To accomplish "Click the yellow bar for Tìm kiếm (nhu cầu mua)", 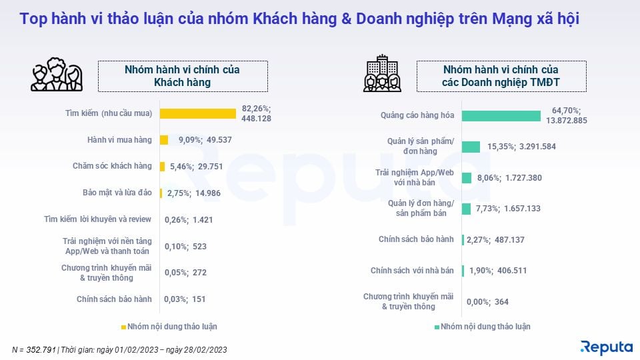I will pos(198,113).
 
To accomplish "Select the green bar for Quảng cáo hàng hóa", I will pos(501,115).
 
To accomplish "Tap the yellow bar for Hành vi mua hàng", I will pos(164,140).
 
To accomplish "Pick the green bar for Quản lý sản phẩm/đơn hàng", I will pos(471,147).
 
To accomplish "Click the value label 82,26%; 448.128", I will pos(257,113).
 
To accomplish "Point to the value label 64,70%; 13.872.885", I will pos(565,115).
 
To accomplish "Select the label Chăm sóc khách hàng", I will pos(112,166).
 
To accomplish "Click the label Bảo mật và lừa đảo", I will pos(113,193).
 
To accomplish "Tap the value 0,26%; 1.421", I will pos(188,219).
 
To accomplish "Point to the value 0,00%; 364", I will pos(487,302).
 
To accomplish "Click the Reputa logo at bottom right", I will pos(606,347).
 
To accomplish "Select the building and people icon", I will pos(382,74).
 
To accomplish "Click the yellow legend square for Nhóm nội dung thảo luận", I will pos(123,327).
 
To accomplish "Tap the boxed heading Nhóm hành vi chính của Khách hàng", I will pos(183,76).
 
